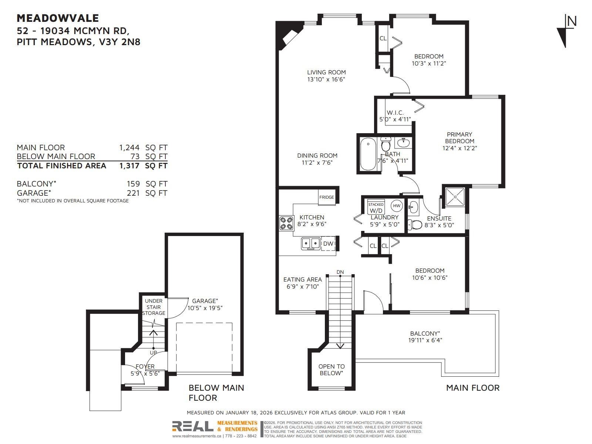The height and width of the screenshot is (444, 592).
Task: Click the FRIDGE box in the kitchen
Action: [327, 197]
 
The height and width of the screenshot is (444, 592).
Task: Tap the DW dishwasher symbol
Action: [328, 243]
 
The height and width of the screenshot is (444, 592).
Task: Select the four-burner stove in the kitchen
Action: [286, 223]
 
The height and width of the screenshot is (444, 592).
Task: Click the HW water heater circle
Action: [397, 206]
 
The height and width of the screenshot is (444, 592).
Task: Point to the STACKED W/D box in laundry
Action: [376, 207]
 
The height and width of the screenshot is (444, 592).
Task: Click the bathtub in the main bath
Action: [368, 154]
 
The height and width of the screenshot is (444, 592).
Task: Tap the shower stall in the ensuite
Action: [455, 197]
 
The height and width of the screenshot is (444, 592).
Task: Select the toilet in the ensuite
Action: [415, 224]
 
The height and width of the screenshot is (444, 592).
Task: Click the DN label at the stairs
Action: [340, 272]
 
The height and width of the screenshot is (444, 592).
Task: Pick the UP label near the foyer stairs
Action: [153, 353]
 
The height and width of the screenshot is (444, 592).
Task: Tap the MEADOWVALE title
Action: [58, 18]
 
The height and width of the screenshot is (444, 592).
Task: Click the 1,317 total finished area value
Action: [129, 165]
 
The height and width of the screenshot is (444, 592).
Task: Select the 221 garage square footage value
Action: [133, 193]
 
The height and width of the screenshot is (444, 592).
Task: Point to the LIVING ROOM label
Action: [326, 72]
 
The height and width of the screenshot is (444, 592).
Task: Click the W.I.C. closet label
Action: [395, 113]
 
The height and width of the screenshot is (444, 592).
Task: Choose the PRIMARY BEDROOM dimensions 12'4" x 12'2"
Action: [460, 148]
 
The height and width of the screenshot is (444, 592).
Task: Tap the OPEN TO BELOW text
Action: [332, 370]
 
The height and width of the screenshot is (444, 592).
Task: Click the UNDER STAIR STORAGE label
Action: [154, 307]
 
